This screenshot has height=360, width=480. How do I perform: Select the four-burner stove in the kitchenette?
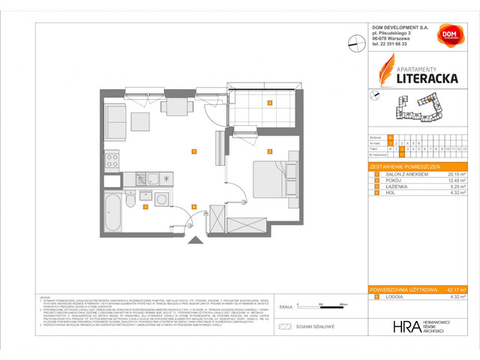click(112, 160)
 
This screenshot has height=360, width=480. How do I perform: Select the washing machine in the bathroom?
click(163, 201)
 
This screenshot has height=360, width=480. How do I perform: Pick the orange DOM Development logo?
click(450, 35)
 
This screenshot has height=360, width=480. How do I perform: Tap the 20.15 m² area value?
click(457, 173)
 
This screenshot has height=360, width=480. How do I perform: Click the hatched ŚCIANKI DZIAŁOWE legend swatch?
click(284, 326)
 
